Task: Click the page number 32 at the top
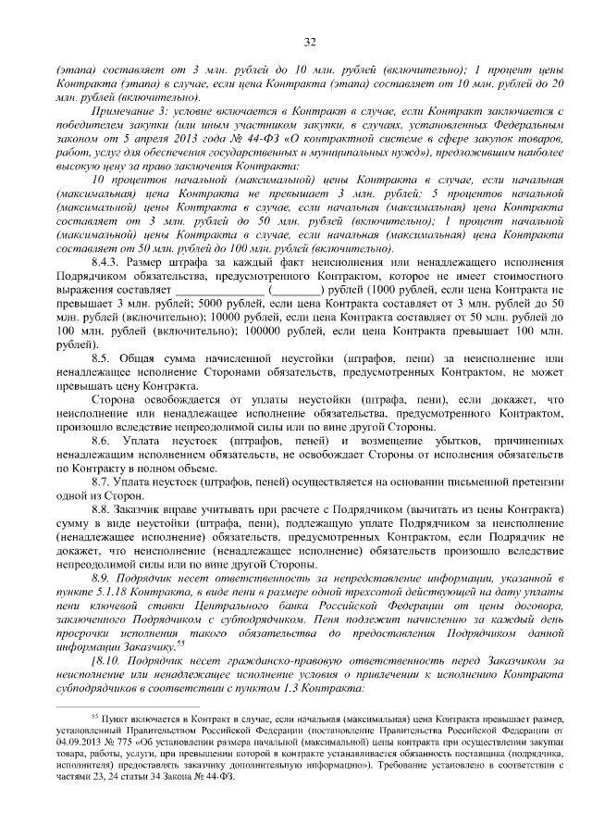(x=310, y=42)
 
